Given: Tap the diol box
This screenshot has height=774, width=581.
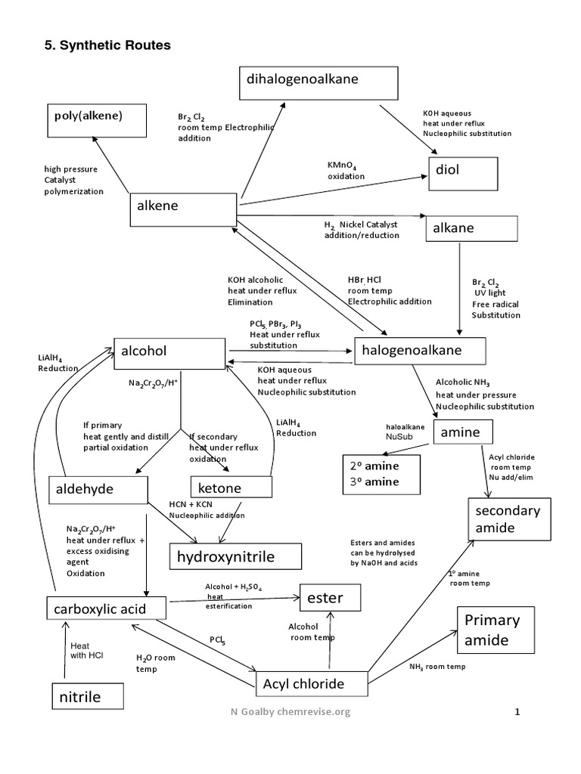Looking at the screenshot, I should (x=463, y=174).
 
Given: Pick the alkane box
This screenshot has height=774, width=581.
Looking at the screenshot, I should (x=472, y=228).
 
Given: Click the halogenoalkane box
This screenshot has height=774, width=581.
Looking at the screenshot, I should (x=418, y=351).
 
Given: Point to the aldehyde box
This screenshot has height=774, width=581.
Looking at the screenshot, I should (x=98, y=490).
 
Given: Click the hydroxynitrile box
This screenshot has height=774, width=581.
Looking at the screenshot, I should (x=235, y=557).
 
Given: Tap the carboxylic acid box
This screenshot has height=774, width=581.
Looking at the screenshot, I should (x=106, y=607).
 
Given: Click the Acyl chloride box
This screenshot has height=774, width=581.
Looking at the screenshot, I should (x=310, y=685).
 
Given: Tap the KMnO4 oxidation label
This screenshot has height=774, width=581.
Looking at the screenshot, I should (x=346, y=170).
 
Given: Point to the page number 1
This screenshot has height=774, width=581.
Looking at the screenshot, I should (x=518, y=712).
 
